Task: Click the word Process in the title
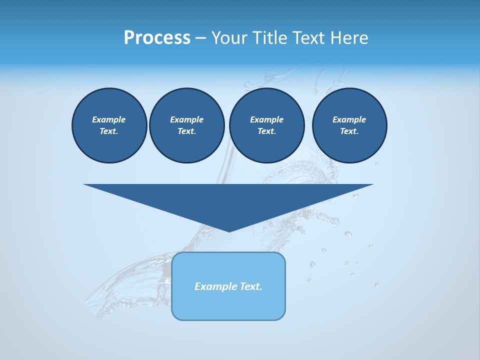click(x=157, y=37)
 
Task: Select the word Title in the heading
click(x=273, y=37)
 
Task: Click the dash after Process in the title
click(x=201, y=38)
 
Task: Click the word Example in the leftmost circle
click(x=108, y=119)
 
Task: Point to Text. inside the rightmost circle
click(x=349, y=131)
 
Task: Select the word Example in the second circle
click(x=186, y=119)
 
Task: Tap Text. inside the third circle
click(x=266, y=131)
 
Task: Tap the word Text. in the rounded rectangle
click(x=251, y=286)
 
